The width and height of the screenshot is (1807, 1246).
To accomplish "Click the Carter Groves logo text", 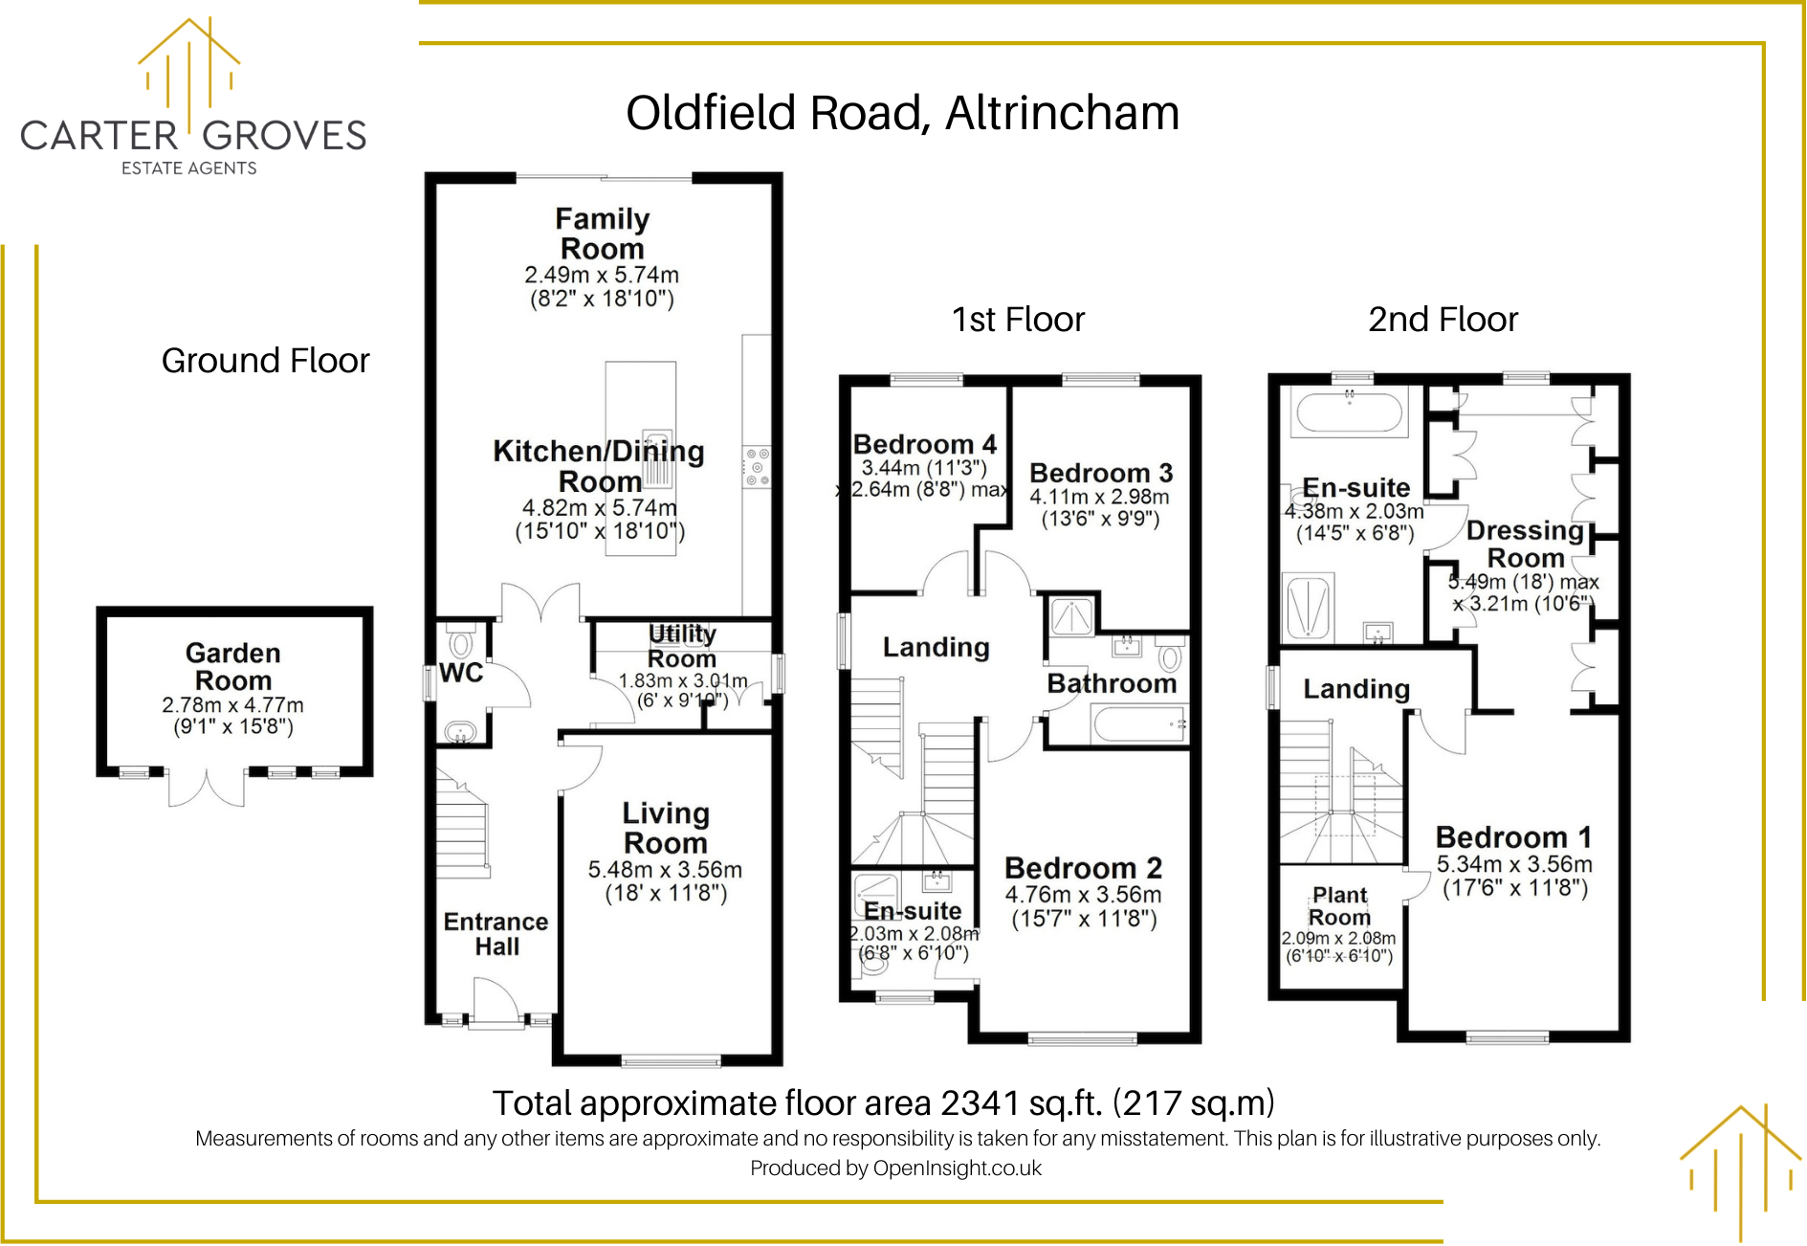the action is point(193,136).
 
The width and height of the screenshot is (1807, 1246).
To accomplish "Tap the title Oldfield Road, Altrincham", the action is point(902,113).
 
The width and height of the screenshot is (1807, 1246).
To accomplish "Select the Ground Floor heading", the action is point(265,361).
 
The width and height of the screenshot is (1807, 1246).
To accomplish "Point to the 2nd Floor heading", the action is point(1443,320).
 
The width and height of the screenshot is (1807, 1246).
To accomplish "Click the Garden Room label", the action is point(233,667).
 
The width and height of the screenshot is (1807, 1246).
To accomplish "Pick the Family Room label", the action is point(603,234).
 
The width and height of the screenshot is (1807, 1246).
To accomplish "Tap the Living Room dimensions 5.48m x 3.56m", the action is point(665,870).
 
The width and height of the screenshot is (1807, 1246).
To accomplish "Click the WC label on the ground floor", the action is point(461,673).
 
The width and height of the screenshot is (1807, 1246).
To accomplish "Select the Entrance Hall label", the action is point(496,934).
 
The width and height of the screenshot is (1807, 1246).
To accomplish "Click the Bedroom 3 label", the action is point(1101,473).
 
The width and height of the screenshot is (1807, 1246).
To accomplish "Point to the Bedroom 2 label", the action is point(1083,868).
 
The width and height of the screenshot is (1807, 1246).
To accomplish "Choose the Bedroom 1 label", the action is point(1514,837).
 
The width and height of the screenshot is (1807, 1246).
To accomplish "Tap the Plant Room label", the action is point(1339,906).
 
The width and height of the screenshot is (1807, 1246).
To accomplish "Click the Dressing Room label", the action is point(1526,544).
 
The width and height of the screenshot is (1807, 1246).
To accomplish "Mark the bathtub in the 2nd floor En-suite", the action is point(1349,413).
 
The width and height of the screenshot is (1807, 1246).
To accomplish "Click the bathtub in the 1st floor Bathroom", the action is point(1139,724).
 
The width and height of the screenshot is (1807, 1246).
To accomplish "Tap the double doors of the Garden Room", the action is point(207,788).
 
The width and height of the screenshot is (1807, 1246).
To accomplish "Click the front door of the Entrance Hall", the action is point(496,1002).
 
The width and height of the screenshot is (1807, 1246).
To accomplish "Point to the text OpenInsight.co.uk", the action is point(958,1168).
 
